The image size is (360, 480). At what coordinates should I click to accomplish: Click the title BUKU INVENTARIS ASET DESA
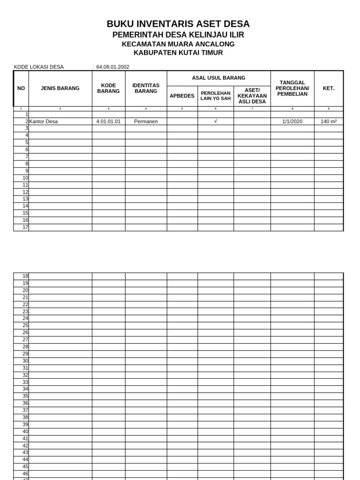[x=178, y=24]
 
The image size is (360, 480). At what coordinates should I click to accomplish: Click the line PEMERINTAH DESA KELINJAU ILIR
[x=178, y=35]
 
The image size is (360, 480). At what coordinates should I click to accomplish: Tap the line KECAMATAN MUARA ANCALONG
[x=178, y=44]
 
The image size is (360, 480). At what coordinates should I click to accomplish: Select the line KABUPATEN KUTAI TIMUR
[x=178, y=52]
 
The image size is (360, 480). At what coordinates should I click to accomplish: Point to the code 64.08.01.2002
[x=112, y=67]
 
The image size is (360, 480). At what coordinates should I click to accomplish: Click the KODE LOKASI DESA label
[x=39, y=67]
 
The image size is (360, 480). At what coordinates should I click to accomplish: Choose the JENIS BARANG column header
[x=60, y=88]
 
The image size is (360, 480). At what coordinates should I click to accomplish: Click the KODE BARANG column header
[x=108, y=88]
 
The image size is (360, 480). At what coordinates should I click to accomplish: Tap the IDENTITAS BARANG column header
[x=146, y=88]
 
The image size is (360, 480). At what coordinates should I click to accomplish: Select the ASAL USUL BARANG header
[x=218, y=78]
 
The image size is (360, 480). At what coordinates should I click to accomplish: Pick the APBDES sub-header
[x=182, y=96]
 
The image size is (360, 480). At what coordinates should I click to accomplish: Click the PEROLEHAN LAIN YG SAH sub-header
[x=216, y=96]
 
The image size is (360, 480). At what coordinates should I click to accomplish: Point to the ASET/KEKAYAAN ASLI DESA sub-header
[x=252, y=96]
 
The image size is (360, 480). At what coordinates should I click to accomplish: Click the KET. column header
[x=329, y=88]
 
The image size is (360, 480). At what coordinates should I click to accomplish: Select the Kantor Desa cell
[x=44, y=121]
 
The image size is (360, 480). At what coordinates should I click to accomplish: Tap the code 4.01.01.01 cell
[x=108, y=121]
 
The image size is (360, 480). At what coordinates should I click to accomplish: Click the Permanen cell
[x=146, y=121]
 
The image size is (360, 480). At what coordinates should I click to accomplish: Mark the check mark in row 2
[x=216, y=121]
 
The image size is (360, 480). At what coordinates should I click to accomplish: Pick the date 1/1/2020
[x=292, y=121]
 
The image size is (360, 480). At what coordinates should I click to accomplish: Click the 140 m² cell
[x=329, y=121]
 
